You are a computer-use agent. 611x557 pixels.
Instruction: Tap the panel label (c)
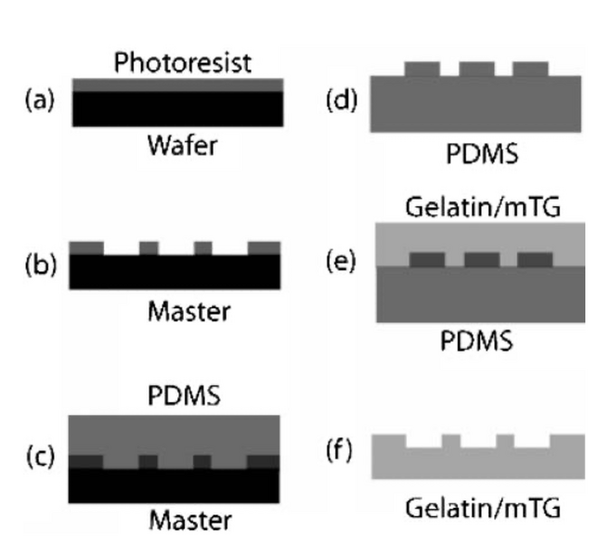(x=38, y=456)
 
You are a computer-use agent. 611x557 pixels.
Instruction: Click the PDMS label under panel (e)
(x=476, y=342)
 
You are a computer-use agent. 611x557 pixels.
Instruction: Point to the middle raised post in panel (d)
(x=476, y=69)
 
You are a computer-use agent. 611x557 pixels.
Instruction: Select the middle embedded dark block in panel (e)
(x=481, y=258)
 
